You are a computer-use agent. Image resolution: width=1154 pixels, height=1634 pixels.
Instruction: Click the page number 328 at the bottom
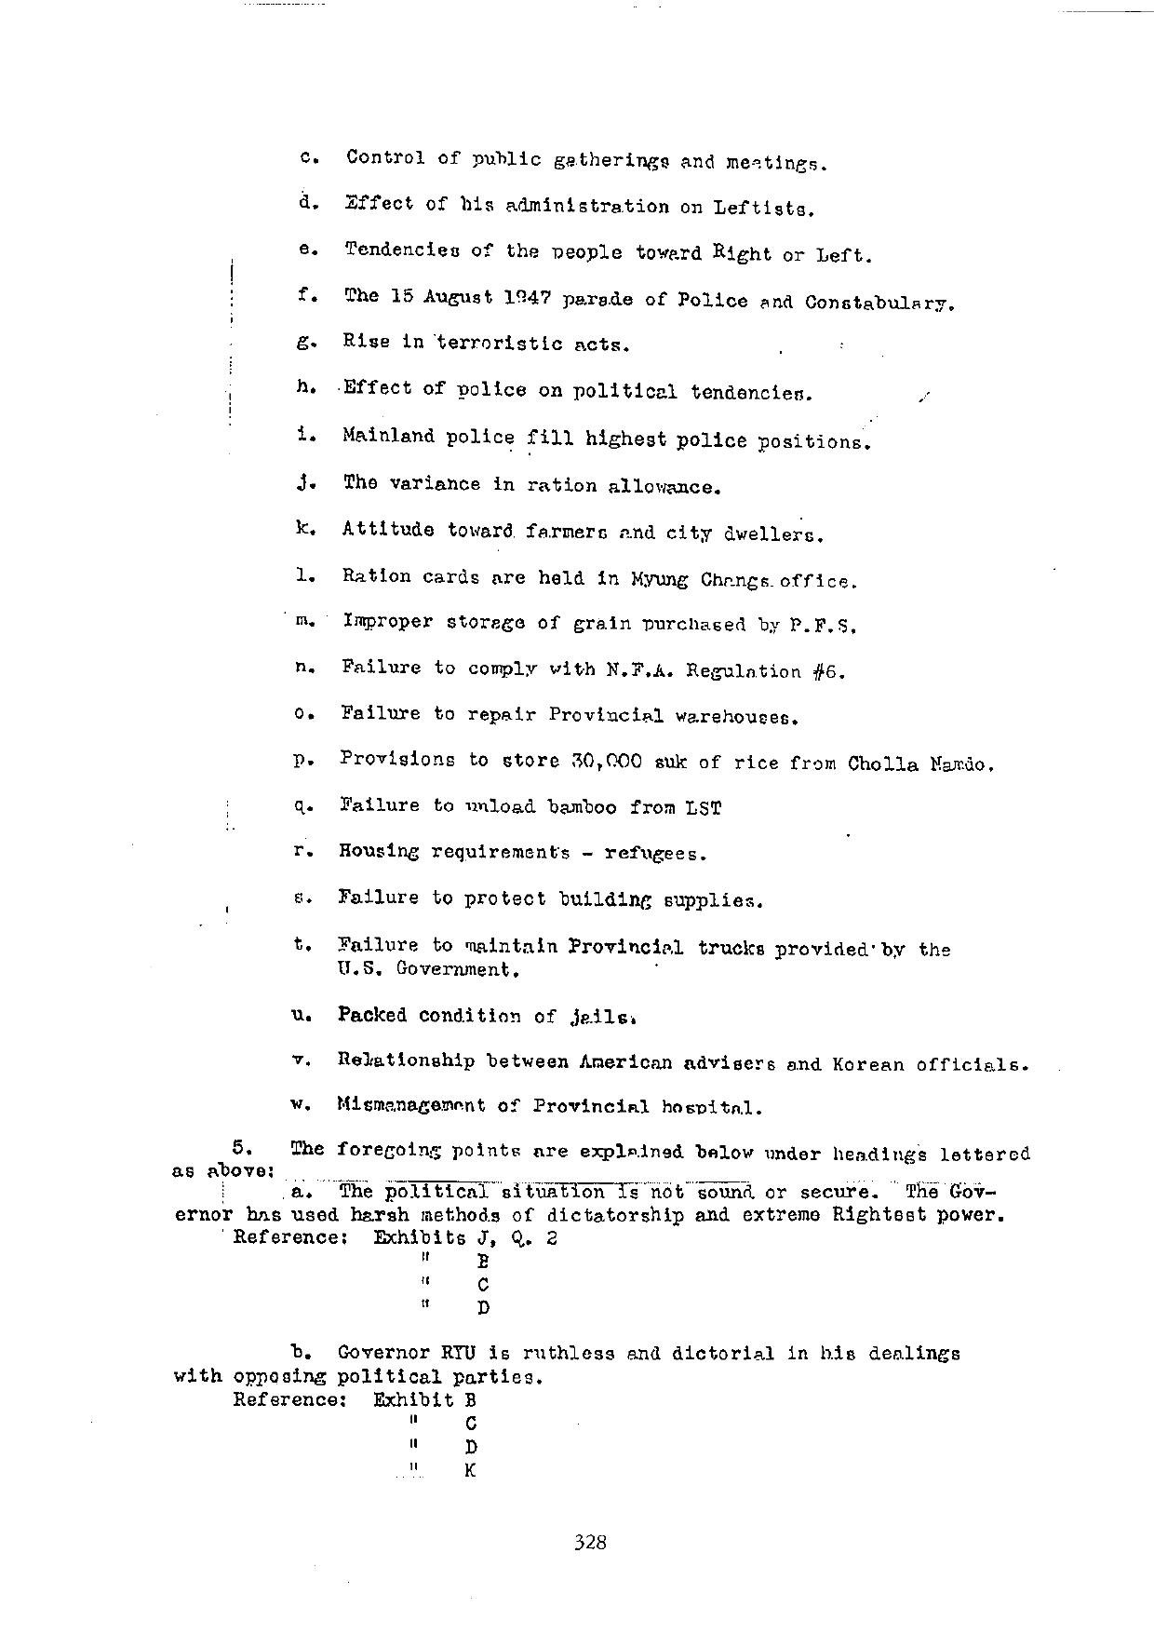[590, 1542]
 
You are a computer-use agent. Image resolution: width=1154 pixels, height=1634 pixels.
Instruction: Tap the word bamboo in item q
[581, 807]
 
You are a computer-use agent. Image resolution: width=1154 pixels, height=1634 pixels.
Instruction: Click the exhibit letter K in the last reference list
[470, 1471]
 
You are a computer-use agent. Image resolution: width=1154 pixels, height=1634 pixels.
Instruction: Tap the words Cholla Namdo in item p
[920, 764]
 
